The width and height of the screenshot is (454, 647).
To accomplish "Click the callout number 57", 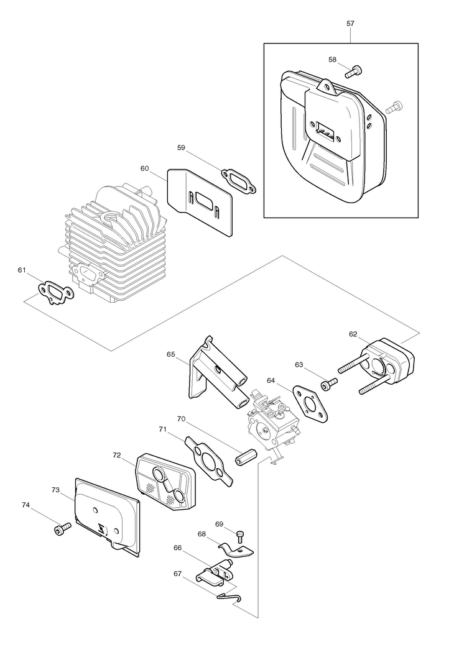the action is (350, 24).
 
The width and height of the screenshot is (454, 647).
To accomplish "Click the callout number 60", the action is (144, 168).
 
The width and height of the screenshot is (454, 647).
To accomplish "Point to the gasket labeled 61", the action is (56, 293).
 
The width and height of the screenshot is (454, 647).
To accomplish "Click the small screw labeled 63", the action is (329, 383).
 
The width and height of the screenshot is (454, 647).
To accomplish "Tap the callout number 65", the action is (171, 354).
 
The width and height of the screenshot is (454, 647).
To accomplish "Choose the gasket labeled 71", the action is (209, 459).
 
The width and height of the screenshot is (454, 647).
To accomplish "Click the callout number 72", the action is (116, 455).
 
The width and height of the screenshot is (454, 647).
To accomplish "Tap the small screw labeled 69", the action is (240, 536).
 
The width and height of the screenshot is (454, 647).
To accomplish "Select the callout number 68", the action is (202, 534).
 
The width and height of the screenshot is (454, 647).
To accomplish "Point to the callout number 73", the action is (56, 490).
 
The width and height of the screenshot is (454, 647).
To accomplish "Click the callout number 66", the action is (177, 548).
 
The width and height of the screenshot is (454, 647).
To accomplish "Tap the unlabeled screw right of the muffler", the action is (394, 106).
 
